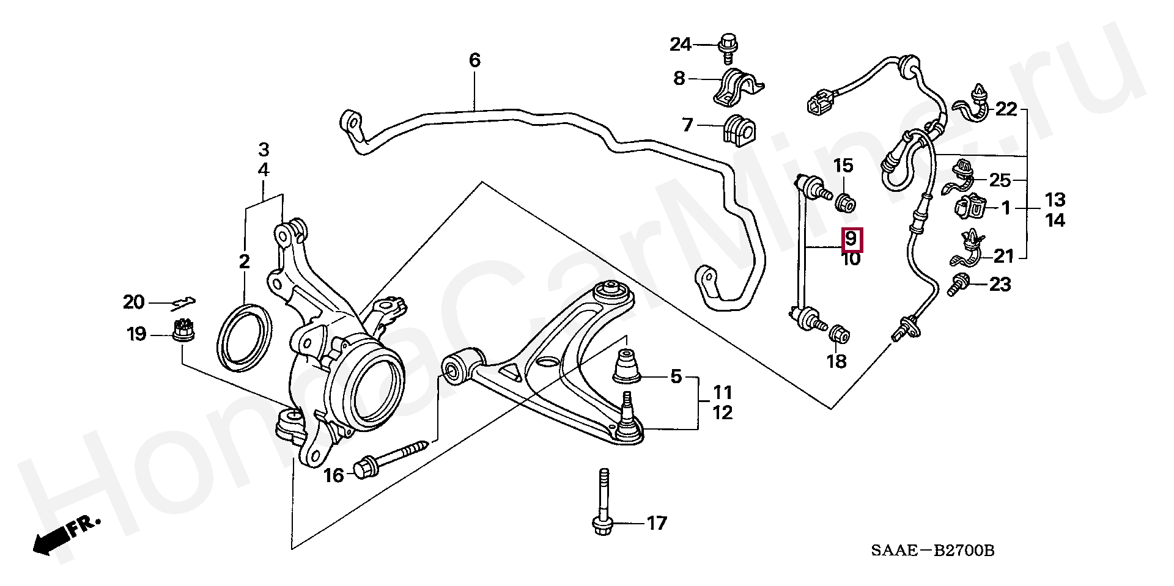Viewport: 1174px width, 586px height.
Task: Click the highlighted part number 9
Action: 852,239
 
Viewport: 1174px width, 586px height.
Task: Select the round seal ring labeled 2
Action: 244,337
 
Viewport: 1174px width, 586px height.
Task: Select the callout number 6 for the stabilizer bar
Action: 474,60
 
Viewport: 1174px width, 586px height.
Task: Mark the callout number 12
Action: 722,413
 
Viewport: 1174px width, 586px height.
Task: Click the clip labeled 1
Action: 970,208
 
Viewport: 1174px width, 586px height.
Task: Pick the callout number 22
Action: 1006,110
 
